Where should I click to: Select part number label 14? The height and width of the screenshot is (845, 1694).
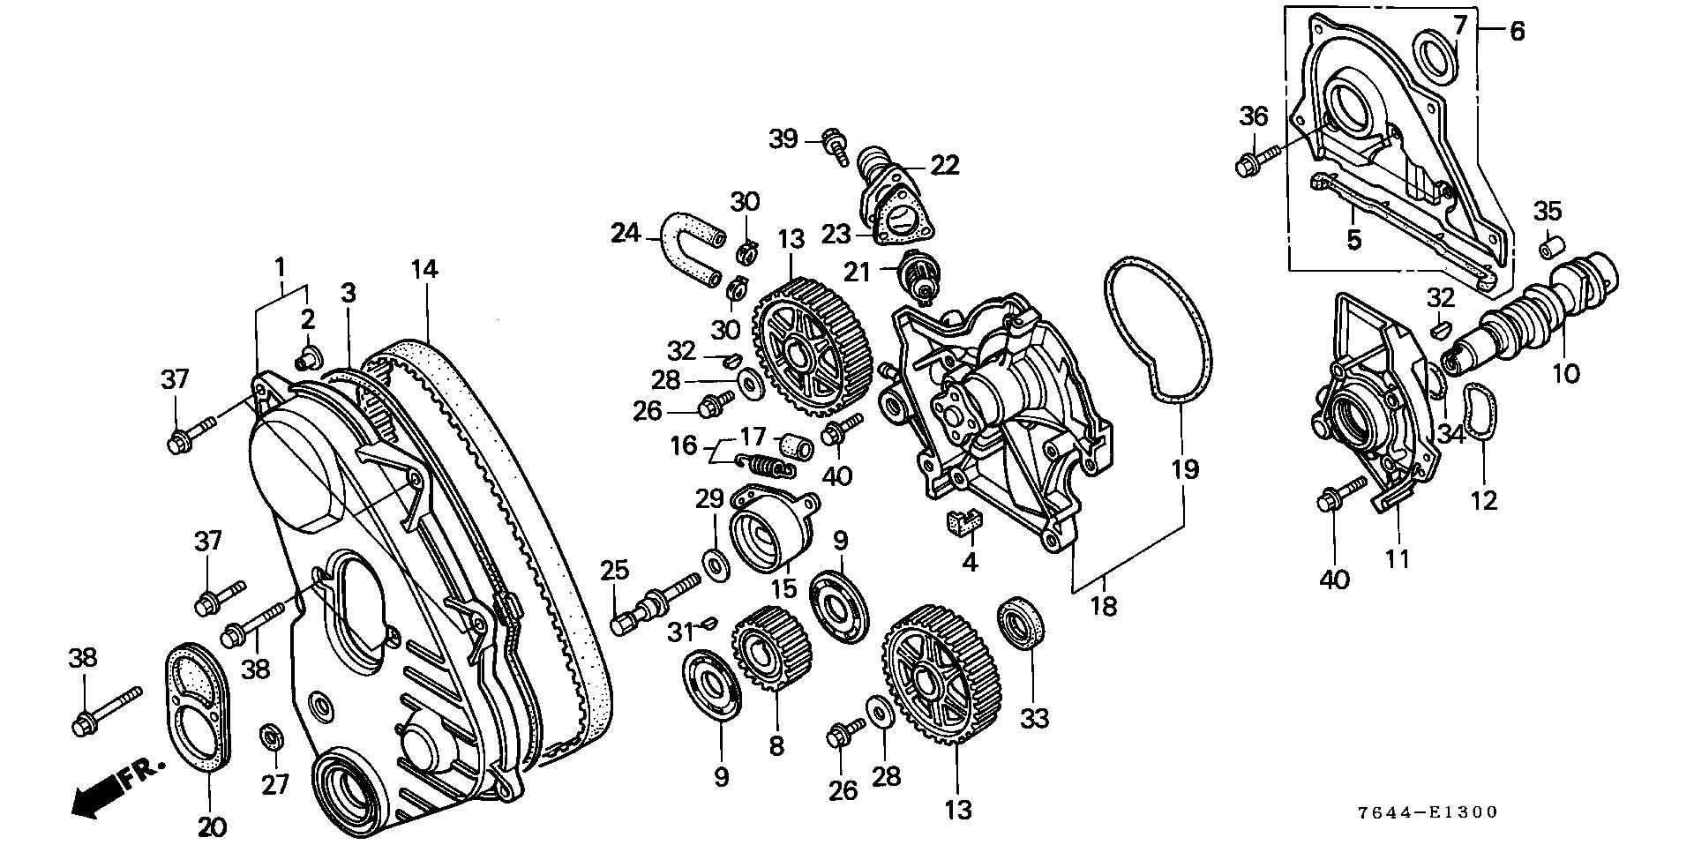[x=424, y=269]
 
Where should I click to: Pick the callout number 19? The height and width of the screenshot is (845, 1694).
[x=1186, y=469]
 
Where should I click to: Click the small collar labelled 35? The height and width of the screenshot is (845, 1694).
[x=1550, y=247]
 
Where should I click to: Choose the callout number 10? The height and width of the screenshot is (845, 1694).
[x=1566, y=373]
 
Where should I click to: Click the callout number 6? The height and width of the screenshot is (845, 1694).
[x=1517, y=32]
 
